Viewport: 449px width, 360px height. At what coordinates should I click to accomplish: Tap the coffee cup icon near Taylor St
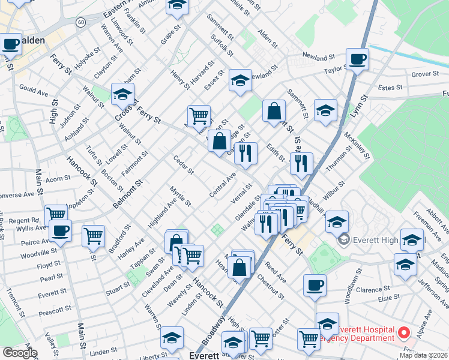pos(357,59)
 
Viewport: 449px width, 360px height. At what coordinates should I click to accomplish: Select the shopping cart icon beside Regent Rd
pos(56,214)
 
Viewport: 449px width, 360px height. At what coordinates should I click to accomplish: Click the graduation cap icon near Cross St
pos(122,94)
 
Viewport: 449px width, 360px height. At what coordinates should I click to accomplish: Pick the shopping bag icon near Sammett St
pos(274,110)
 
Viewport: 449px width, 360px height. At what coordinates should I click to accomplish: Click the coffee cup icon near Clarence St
pos(315,285)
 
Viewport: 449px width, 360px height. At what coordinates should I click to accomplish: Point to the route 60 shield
pos(80,22)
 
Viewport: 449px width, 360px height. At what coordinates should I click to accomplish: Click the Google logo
pos(19,352)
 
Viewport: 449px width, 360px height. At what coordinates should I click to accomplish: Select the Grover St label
pos(426,75)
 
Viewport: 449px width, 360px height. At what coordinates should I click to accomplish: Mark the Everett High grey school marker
pos(343,241)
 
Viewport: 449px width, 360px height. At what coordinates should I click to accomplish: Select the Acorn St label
pos(58,178)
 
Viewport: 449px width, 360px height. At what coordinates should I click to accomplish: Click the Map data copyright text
pos(424,355)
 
